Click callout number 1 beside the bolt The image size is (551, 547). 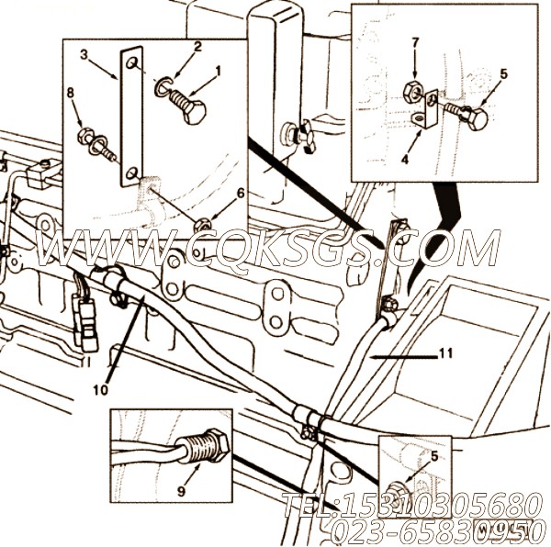(x=219, y=72)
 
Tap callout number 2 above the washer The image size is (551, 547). (x=197, y=47)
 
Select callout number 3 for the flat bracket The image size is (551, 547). (x=84, y=55)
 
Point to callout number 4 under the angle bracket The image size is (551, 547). (x=405, y=160)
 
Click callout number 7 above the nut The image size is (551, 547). (x=415, y=42)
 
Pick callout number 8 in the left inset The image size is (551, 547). (x=71, y=93)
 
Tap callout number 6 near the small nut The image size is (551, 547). (x=241, y=193)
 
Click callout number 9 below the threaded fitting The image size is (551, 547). (x=181, y=492)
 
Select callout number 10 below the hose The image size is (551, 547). (x=100, y=390)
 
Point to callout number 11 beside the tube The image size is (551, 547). (x=446, y=353)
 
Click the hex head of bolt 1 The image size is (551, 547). (x=195, y=112)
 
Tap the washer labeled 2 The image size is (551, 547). (x=161, y=87)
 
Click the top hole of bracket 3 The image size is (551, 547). (x=131, y=62)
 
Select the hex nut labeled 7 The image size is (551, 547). (x=410, y=92)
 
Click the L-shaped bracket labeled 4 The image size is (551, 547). (x=426, y=110)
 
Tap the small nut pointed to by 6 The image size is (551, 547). (x=202, y=224)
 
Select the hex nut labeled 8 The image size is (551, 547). (x=84, y=136)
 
